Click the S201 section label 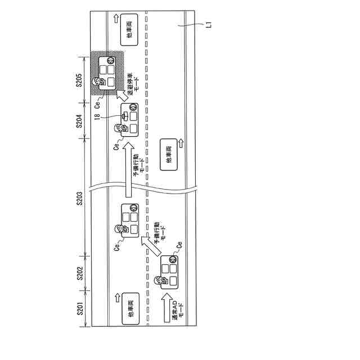(x=79, y=308)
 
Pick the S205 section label (x=79, y=80)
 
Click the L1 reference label (x=208, y=24)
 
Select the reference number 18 (x=98, y=116)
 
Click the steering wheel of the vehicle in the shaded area (x=111, y=60)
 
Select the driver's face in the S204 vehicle (x=119, y=128)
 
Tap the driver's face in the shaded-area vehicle (x=101, y=82)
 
